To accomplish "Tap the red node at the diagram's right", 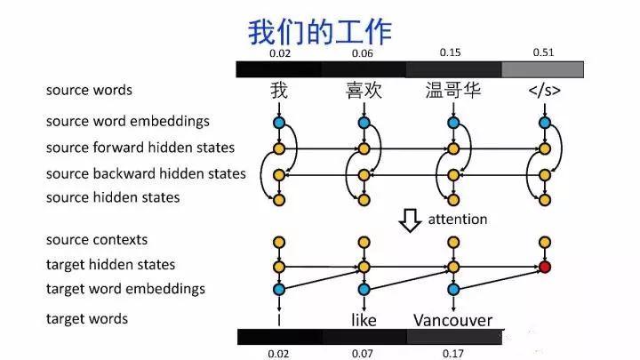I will coord(544,266).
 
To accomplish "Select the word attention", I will coord(458,219).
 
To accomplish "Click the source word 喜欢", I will coord(364,91).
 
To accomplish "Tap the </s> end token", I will coord(544,91).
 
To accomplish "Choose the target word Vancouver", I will coord(452,319).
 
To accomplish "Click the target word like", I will coord(364,319).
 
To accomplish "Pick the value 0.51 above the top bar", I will coord(543,52).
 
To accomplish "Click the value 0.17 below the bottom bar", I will coord(452,353).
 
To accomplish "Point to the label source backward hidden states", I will coord(146,173).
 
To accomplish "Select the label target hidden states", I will coord(111,264).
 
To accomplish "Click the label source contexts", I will coord(97,239).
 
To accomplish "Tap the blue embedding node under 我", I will coord(279,123).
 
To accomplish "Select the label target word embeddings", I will coord(125,288).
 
